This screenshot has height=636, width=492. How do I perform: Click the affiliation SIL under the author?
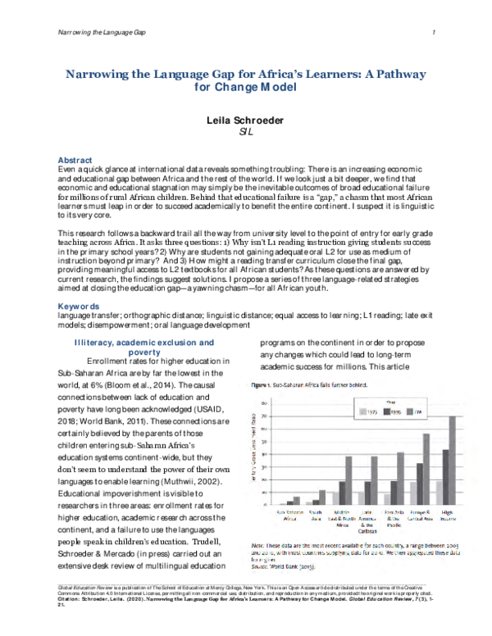(x=245, y=131)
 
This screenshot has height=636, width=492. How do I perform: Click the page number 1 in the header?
(x=431, y=30)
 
